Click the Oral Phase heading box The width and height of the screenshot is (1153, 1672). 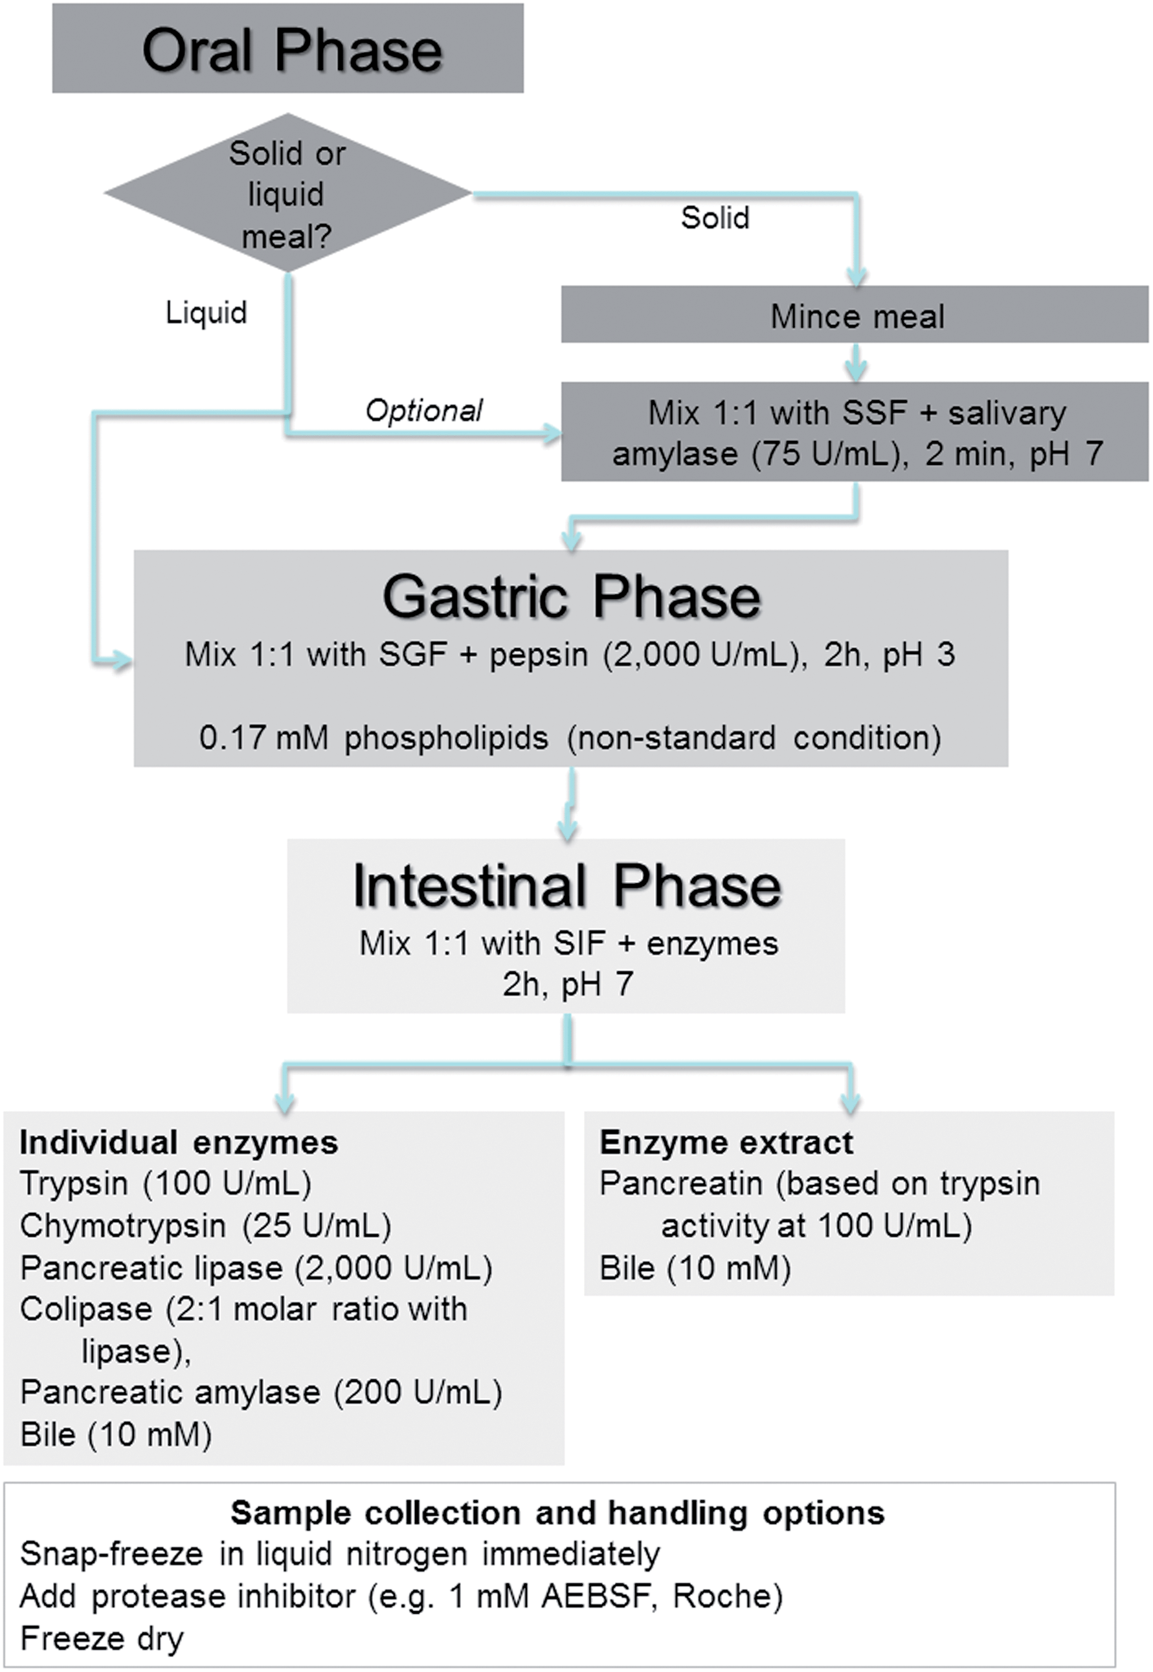(287, 49)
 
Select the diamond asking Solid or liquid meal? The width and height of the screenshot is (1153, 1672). (287, 193)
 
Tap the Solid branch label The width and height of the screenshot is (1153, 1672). (715, 218)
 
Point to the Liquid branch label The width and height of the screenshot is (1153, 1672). (207, 312)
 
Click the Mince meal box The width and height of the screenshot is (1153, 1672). (855, 314)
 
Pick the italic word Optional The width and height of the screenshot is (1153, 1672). (424, 411)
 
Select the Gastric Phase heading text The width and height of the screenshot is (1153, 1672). (572, 598)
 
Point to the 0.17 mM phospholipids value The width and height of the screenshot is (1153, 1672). (263, 738)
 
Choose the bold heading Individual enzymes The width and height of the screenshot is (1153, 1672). (179, 1142)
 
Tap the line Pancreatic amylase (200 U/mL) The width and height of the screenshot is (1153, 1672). (261, 1392)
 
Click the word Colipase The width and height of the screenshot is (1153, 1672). (86, 1309)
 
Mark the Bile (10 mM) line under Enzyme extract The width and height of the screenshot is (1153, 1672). (695, 1268)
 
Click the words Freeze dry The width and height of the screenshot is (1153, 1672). (102, 1639)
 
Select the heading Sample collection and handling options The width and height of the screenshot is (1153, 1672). (557, 1513)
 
